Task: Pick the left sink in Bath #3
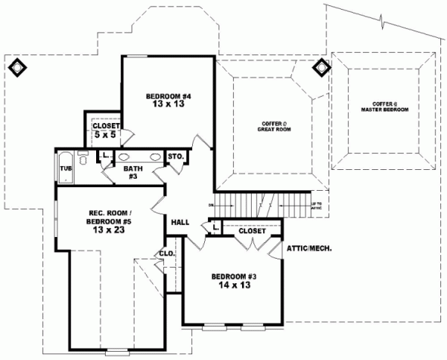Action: (x=124, y=157)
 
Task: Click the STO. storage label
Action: (x=176, y=157)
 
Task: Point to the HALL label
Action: (x=180, y=222)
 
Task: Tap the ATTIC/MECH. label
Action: (x=308, y=247)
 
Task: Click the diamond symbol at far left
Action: (x=16, y=67)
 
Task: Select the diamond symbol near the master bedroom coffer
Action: (x=323, y=68)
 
